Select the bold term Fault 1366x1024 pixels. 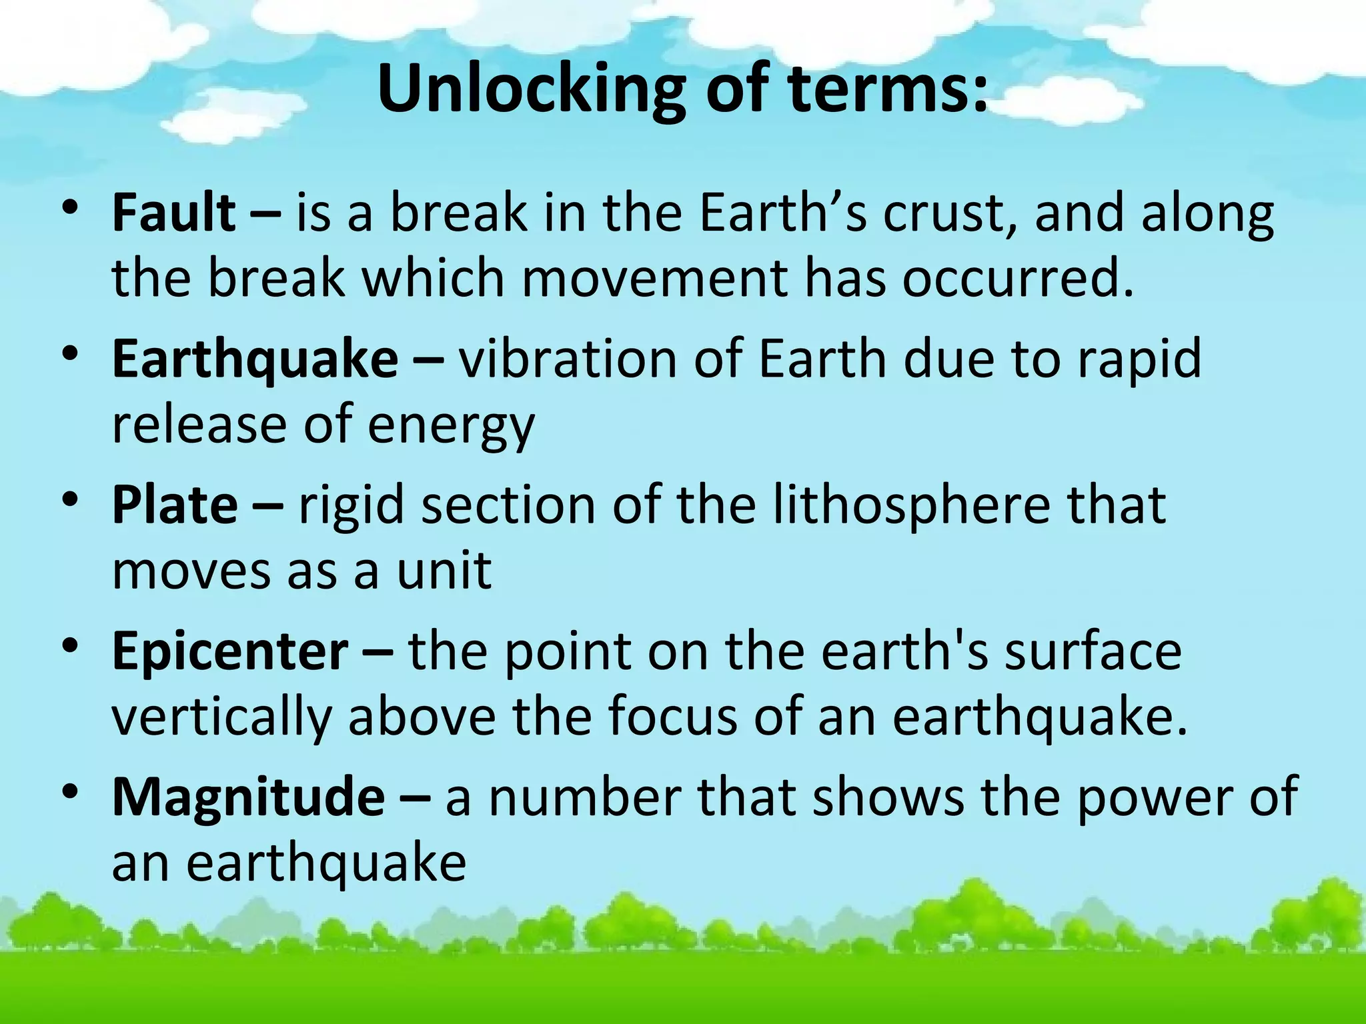pyautogui.click(x=173, y=213)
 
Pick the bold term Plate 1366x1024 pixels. pyautogui.click(x=175, y=505)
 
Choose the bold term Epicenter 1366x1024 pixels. pyautogui.click(x=230, y=652)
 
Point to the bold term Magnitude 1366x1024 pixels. pyautogui.click(x=248, y=797)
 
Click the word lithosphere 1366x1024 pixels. pyautogui.click(x=911, y=505)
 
